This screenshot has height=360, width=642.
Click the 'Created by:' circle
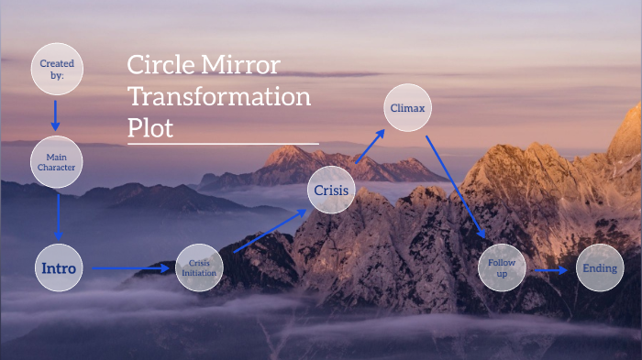(56, 70)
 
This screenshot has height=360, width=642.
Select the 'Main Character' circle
(56, 163)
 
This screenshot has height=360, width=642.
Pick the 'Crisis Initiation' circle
(199, 268)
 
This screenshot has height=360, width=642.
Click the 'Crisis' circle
(330, 191)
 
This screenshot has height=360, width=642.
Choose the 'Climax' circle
(406, 108)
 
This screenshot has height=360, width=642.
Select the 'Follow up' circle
(501, 268)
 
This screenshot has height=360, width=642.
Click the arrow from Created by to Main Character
(56, 115)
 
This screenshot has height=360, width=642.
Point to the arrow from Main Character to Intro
(59, 215)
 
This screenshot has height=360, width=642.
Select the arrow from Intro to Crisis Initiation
(129, 269)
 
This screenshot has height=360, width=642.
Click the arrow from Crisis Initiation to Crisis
(270, 230)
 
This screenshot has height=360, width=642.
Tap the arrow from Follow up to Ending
(551, 270)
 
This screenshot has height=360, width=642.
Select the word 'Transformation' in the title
(219, 96)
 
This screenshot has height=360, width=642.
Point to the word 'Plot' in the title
(150, 127)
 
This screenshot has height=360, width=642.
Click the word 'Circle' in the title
(157, 65)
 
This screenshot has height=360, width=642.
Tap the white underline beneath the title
(223, 144)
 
